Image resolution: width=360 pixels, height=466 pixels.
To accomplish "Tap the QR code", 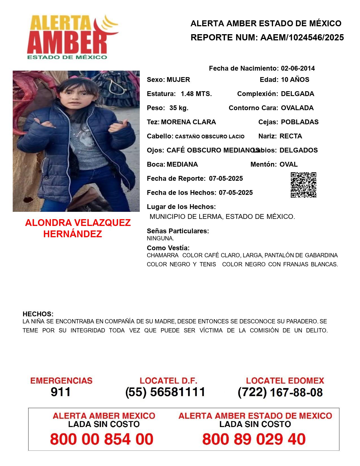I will [303, 185].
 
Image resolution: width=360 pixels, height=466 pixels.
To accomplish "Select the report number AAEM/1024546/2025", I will [302, 38].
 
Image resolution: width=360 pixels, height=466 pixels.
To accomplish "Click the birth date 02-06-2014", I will [298, 68].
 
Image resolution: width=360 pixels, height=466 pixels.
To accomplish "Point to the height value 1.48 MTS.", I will [196, 94].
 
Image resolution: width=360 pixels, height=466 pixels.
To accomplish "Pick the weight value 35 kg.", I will [179, 108].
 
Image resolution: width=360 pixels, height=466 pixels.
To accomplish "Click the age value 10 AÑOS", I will [295, 80].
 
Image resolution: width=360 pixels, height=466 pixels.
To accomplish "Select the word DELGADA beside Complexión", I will [297, 94].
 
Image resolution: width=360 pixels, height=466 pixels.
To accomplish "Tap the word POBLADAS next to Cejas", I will [300, 122].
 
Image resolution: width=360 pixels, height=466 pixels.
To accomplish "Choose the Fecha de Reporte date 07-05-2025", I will [226, 178].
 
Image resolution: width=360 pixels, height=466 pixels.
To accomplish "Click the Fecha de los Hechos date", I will [236, 193].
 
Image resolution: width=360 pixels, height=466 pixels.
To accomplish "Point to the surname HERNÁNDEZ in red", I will [73, 234].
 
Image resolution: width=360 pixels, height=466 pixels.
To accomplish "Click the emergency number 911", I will [61, 392].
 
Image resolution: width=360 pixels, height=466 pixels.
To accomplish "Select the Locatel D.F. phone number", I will [165, 392].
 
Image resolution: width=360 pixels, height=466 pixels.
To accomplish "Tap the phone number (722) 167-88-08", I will [280, 392].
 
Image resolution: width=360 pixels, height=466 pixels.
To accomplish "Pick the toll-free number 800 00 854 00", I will [102, 439].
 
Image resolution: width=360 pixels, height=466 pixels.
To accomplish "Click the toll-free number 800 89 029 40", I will [254, 439].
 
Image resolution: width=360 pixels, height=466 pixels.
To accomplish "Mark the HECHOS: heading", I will [38, 314].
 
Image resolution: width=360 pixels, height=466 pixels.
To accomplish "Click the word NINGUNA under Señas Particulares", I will [160, 238].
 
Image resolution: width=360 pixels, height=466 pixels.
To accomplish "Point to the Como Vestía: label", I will [168, 248].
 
